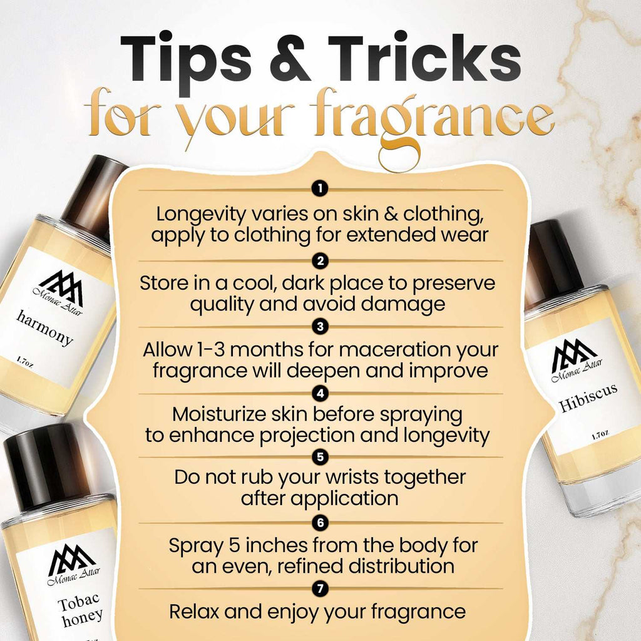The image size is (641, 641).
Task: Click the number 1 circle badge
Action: coord(320,188)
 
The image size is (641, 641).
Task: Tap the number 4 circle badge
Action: coord(320,394)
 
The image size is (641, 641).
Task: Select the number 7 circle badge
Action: coord(320,588)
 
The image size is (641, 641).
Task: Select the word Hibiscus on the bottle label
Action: coord(588,397)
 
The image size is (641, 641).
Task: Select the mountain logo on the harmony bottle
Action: coord(61,288)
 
